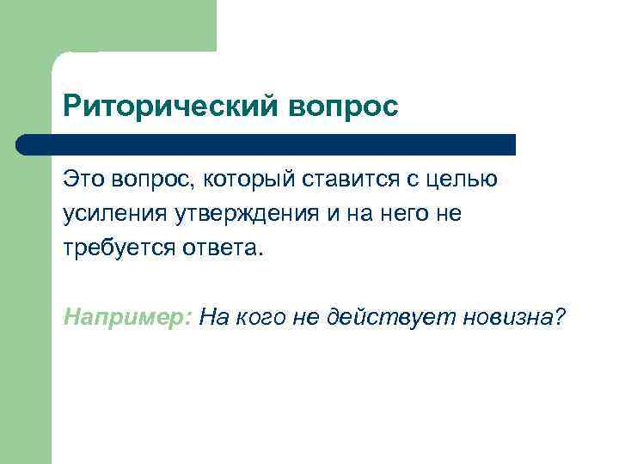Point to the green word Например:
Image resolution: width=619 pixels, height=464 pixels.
[127, 317]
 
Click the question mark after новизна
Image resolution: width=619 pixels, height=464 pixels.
[560, 317]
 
